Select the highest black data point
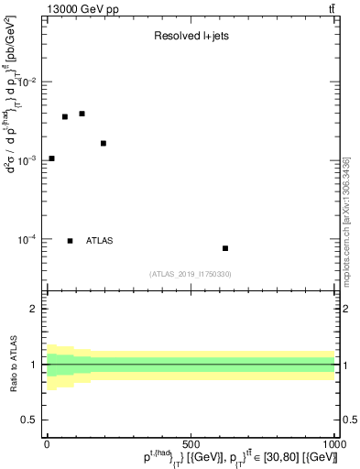click(82, 114)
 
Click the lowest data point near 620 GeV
click(225, 248)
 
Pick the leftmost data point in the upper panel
click(51, 158)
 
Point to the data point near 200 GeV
click(104, 143)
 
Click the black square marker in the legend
click(70, 241)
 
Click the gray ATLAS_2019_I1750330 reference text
click(191, 274)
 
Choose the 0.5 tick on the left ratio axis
click(34, 420)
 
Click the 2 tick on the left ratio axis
click(38, 309)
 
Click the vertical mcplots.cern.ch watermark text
click(346, 220)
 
